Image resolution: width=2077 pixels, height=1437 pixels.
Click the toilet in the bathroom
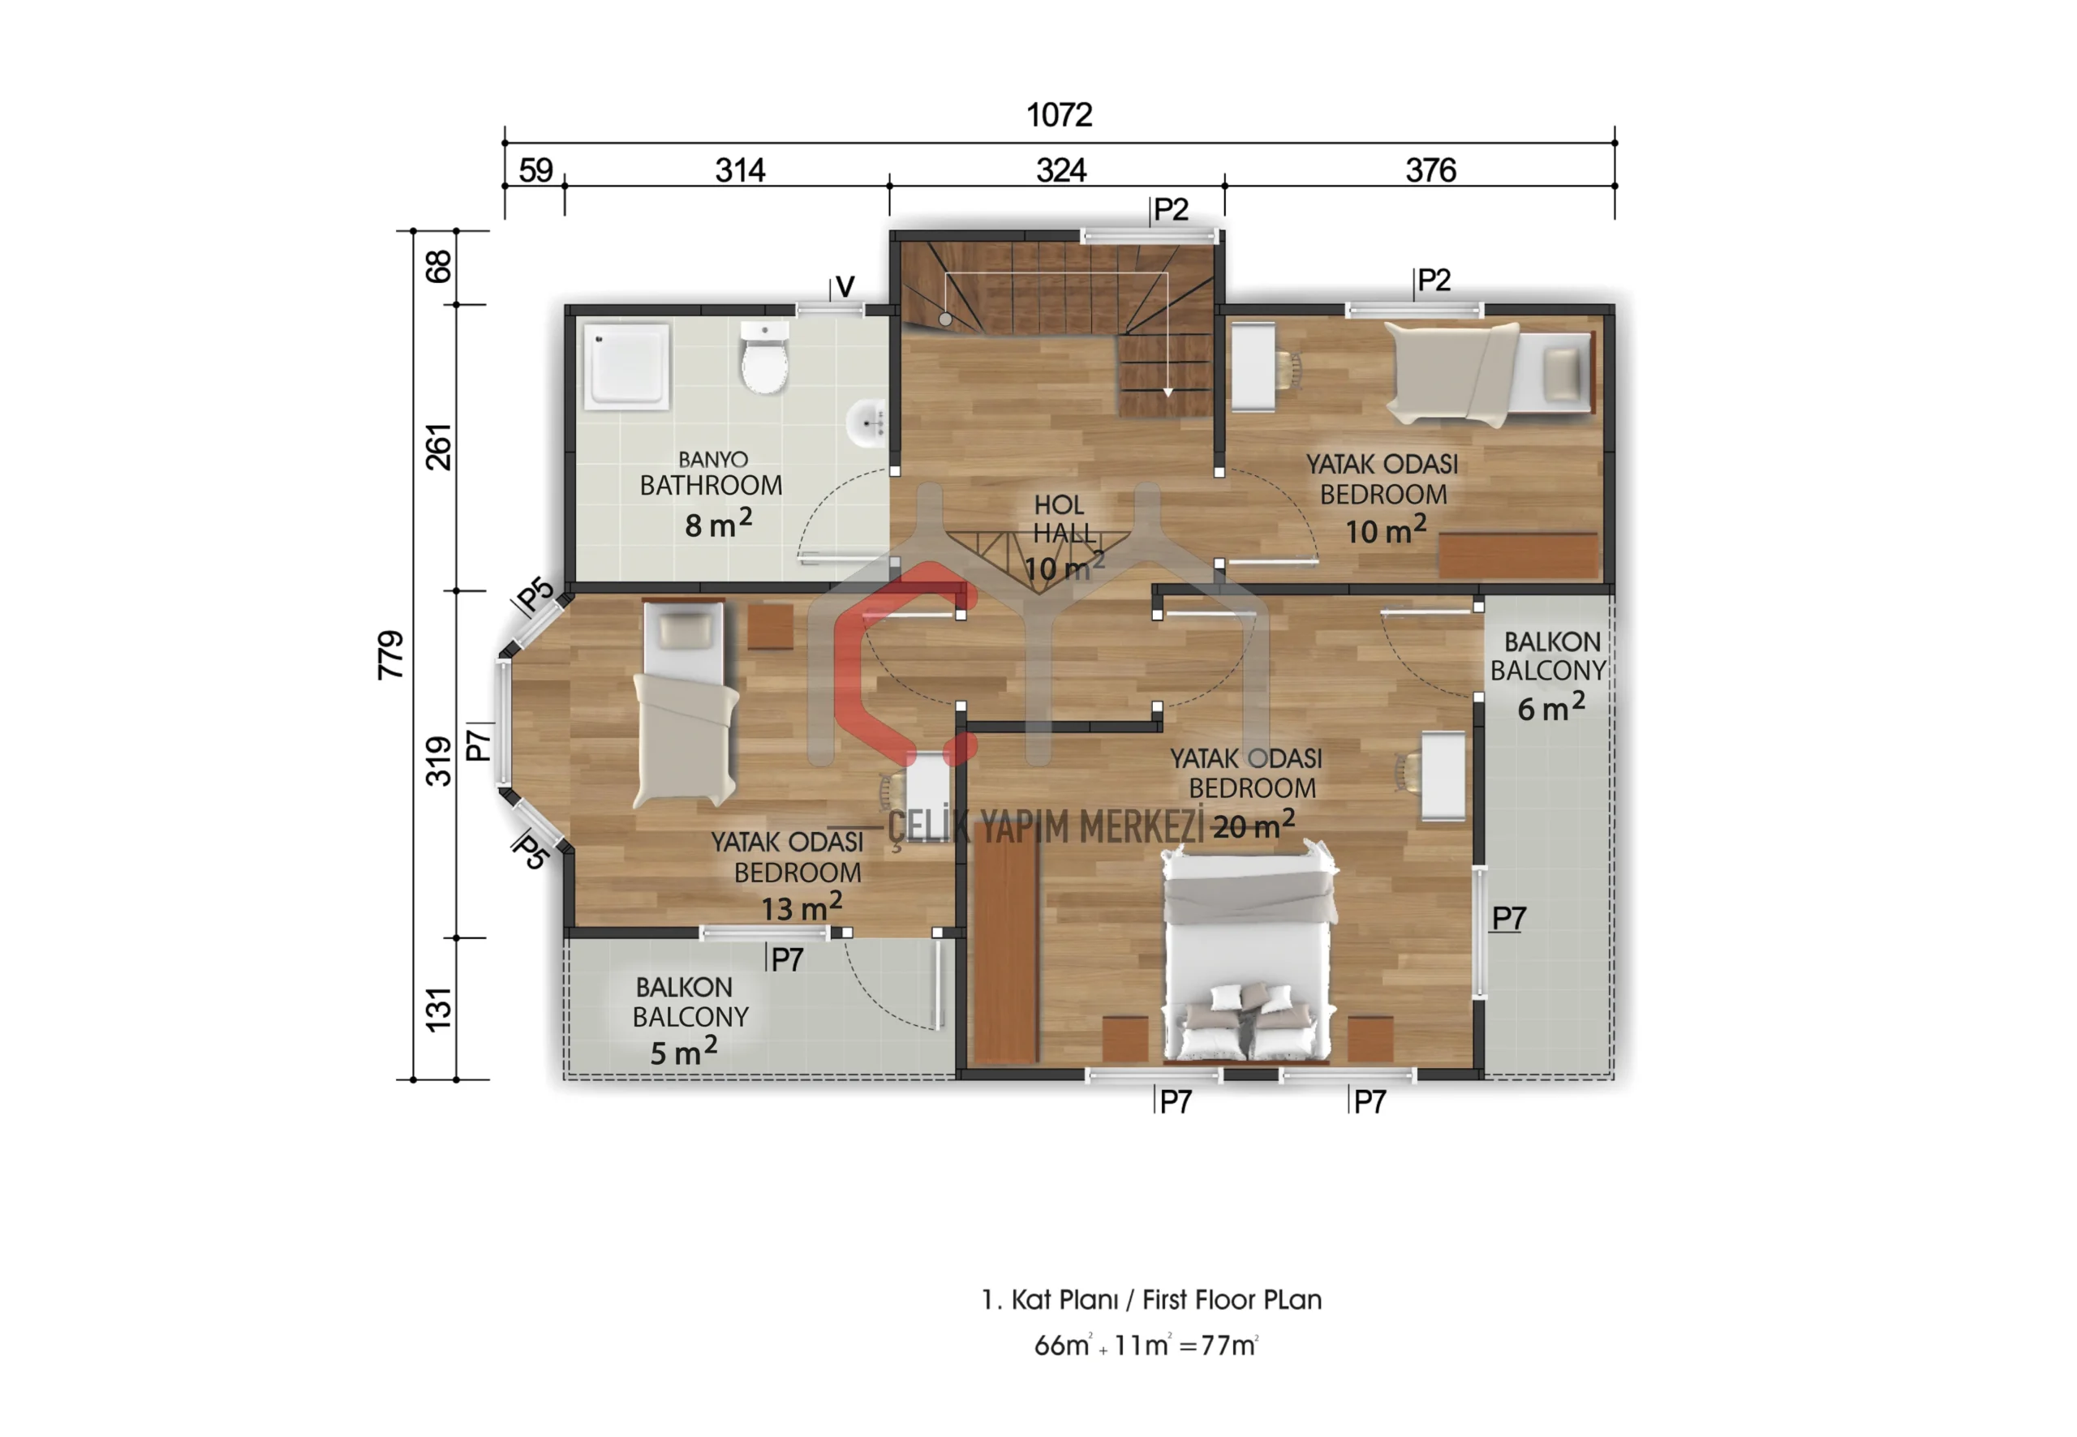pos(763,358)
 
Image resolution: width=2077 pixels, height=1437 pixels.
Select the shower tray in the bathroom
pos(626,367)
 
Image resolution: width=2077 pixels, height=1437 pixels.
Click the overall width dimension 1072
pos(1060,115)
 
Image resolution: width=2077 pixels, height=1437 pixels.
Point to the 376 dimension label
pos(1430,170)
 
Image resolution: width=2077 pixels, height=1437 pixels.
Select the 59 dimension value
pos(536,170)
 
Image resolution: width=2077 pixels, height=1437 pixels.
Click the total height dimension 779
pos(390,654)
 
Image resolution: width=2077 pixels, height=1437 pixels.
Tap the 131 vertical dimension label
pos(438,1010)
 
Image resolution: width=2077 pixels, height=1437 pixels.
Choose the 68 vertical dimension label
pos(438,267)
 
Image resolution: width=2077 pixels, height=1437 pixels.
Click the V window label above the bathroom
pos(845,286)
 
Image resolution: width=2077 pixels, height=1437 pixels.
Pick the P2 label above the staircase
pos(1171,210)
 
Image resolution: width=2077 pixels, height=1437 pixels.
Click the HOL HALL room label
pos(1063,520)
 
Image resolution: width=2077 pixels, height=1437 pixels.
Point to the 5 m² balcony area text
pos(684,1051)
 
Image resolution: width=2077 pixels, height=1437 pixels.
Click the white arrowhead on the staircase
pos(1168,392)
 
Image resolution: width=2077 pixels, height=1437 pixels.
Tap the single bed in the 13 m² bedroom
pos(685,703)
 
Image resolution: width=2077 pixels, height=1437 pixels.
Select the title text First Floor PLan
pos(1232,1300)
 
